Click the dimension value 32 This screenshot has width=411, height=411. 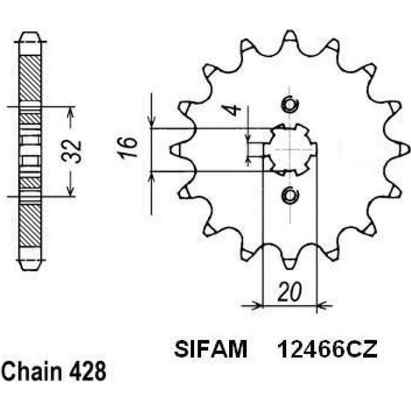click(72, 151)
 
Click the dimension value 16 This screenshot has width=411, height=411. click(128, 147)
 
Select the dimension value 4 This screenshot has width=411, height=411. click(234, 110)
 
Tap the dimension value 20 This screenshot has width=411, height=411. click(289, 292)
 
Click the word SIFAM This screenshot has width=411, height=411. click(211, 349)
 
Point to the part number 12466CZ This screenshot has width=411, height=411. click(328, 349)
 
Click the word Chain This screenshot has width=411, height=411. click(32, 372)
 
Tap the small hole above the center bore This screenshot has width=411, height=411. click(290, 104)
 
